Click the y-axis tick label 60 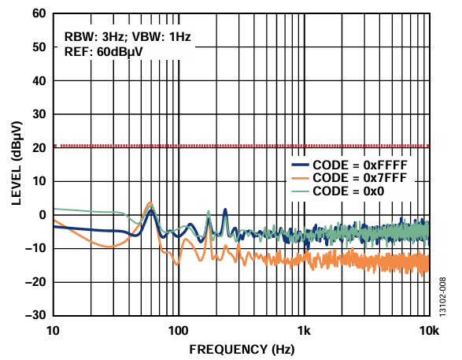pos(39,13)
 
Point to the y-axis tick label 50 pos(39,47)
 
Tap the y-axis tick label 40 pos(39,81)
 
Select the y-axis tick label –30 pos(35,315)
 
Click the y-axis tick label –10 pos(35,248)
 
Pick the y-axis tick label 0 pos(43,215)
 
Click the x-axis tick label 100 pos(178,331)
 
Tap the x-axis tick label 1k pos(304,331)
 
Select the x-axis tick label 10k pos(429,331)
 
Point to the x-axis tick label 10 pos(53,331)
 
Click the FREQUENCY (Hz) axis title pos(242,350)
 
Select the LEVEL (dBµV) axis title pos(17,163)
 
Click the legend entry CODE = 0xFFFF pos(349,165)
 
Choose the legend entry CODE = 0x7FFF pos(349,178)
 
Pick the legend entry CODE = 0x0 pos(338,191)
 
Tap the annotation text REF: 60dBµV pos(103,52)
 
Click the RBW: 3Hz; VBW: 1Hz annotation pos(128,37)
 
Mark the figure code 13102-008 pos(442,297)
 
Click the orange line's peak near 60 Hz pos(150,203)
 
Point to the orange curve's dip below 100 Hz pos(177,264)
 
